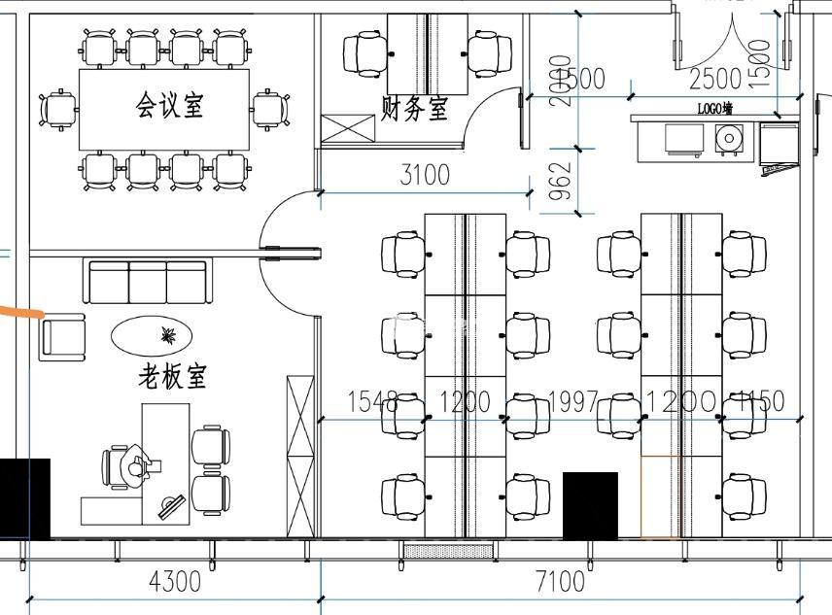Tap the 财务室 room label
[x=414, y=107]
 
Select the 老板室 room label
[x=172, y=375]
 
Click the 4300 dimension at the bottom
[x=175, y=582]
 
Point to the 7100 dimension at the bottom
[x=561, y=582]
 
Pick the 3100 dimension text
[x=425, y=175]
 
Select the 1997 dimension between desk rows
[x=573, y=401]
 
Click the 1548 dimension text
[x=372, y=401]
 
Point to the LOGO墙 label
[x=714, y=109]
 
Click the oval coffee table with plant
[x=152, y=336]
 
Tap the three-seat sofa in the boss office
[x=148, y=282]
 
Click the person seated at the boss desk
[x=129, y=464]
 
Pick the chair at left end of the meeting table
[x=59, y=109]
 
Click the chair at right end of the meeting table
[x=270, y=109]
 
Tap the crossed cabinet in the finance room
[x=348, y=128]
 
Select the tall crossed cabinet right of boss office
[x=299, y=455]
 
